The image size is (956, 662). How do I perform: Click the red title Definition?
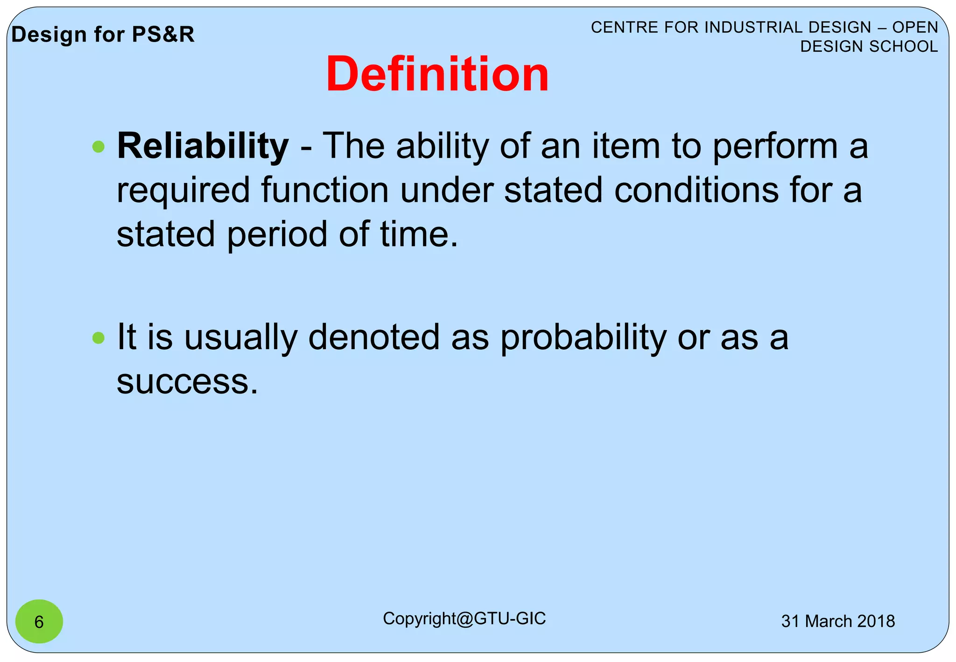(x=437, y=75)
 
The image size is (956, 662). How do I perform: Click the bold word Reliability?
(x=203, y=146)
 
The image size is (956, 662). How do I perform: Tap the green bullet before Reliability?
(x=98, y=147)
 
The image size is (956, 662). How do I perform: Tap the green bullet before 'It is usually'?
(x=98, y=338)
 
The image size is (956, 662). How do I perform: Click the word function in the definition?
(x=324, y=190)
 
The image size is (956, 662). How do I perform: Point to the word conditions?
(x=696, y=190)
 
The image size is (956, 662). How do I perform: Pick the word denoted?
(x=373, y=337)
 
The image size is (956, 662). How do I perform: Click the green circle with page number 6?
(x=39, y=621)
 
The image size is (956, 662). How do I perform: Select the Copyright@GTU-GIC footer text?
(x=464, y=619)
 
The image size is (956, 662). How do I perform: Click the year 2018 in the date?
(x=876, y=621)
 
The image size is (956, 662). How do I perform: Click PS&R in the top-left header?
(x=163, y=35)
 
